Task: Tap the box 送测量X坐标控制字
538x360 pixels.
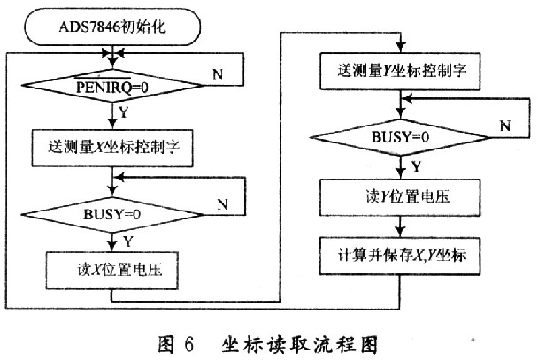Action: pos(111,144)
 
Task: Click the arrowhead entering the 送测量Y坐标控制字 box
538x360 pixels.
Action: pos(399,46)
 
